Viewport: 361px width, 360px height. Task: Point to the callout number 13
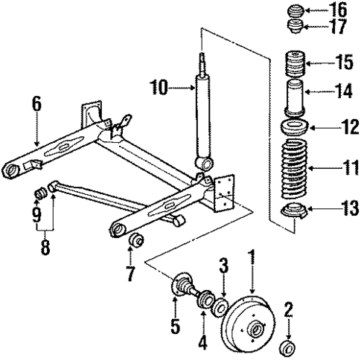coord(339,211)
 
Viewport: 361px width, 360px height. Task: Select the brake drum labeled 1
coord(249,325)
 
